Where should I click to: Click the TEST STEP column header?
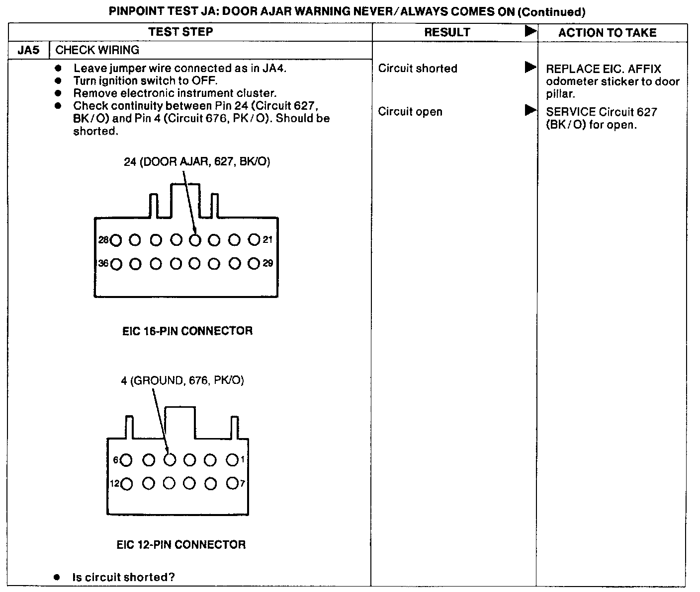(x=180, y=32)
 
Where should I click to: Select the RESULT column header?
(x=447, y=32)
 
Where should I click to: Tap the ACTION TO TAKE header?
(x=607, y=33)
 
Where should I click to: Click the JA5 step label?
(x=28, y=50)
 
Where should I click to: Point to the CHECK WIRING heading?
(x=97, y=50)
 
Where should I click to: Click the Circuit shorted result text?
(x=418, y=69)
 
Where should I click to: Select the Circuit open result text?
(x=410, y=112)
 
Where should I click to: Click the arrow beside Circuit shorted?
(x=530, y=68)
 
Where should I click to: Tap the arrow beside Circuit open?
(x=530, y=110)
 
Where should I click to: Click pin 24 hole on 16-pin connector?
(x=195, y=240)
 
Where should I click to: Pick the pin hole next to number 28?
(x=116, y=240)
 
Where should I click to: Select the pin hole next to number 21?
(x=254, y=240)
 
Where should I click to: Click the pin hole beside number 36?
(x=116, y=264)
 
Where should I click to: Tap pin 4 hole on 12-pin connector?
(x=170, y=460)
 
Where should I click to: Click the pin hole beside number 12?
(x=126, y=483)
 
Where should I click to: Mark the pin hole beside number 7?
(x=232, y=483)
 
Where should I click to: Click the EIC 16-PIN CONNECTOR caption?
(x=187, y=331)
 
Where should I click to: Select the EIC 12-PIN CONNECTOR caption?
(x=181, y=545)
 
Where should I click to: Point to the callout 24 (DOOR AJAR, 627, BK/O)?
(x=197, y=162)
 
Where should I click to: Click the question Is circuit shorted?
(x=124, y=577)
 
